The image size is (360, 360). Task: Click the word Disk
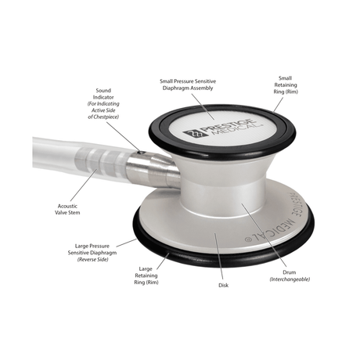point(223,286)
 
